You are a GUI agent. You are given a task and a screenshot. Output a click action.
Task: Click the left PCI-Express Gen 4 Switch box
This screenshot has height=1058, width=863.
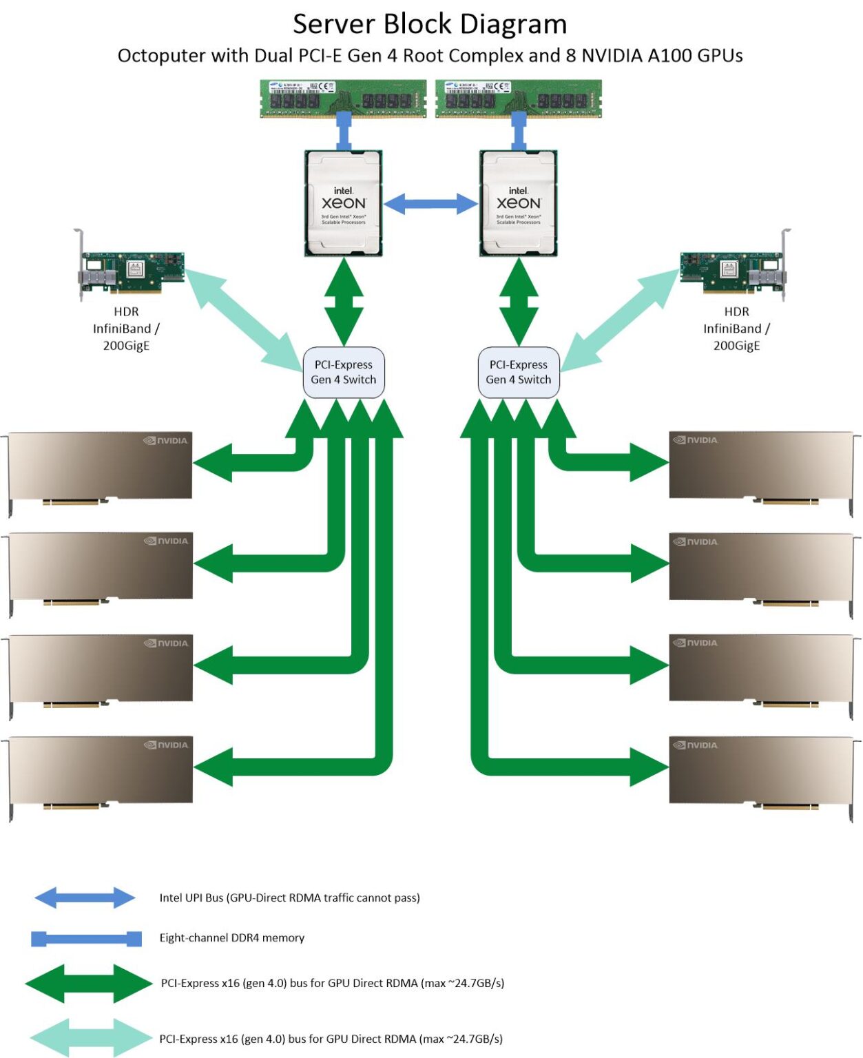coord(344,372)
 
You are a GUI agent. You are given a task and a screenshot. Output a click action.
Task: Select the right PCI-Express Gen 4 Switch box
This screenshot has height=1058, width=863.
coord(519,372)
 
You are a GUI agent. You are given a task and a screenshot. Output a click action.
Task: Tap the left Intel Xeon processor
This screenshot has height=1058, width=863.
coord(343,203)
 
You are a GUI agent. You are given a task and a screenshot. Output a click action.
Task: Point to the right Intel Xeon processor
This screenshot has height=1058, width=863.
coord(518,203)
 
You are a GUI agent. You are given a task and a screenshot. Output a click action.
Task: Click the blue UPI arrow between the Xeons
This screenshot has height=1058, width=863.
coord(430,203)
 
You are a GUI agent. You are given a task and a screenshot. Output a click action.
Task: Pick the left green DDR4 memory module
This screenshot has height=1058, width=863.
coord(343,98)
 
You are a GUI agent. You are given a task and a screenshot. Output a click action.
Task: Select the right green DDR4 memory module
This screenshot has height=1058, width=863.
coord(519,98)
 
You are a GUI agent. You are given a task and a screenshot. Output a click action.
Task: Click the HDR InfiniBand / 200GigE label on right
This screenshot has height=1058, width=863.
coord(736,329)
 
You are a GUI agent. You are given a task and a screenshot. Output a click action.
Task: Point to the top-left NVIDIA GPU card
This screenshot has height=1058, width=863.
coord(100,467)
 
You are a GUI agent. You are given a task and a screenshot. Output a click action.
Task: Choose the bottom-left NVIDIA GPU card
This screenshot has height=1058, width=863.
coord(100,771)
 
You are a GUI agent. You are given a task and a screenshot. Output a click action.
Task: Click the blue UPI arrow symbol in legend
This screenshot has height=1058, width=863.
coord(85,898)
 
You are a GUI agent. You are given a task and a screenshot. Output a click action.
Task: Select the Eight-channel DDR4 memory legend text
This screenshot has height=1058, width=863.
coord(231,937)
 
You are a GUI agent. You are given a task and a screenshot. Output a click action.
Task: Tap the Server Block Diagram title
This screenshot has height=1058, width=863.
coord(430,24)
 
